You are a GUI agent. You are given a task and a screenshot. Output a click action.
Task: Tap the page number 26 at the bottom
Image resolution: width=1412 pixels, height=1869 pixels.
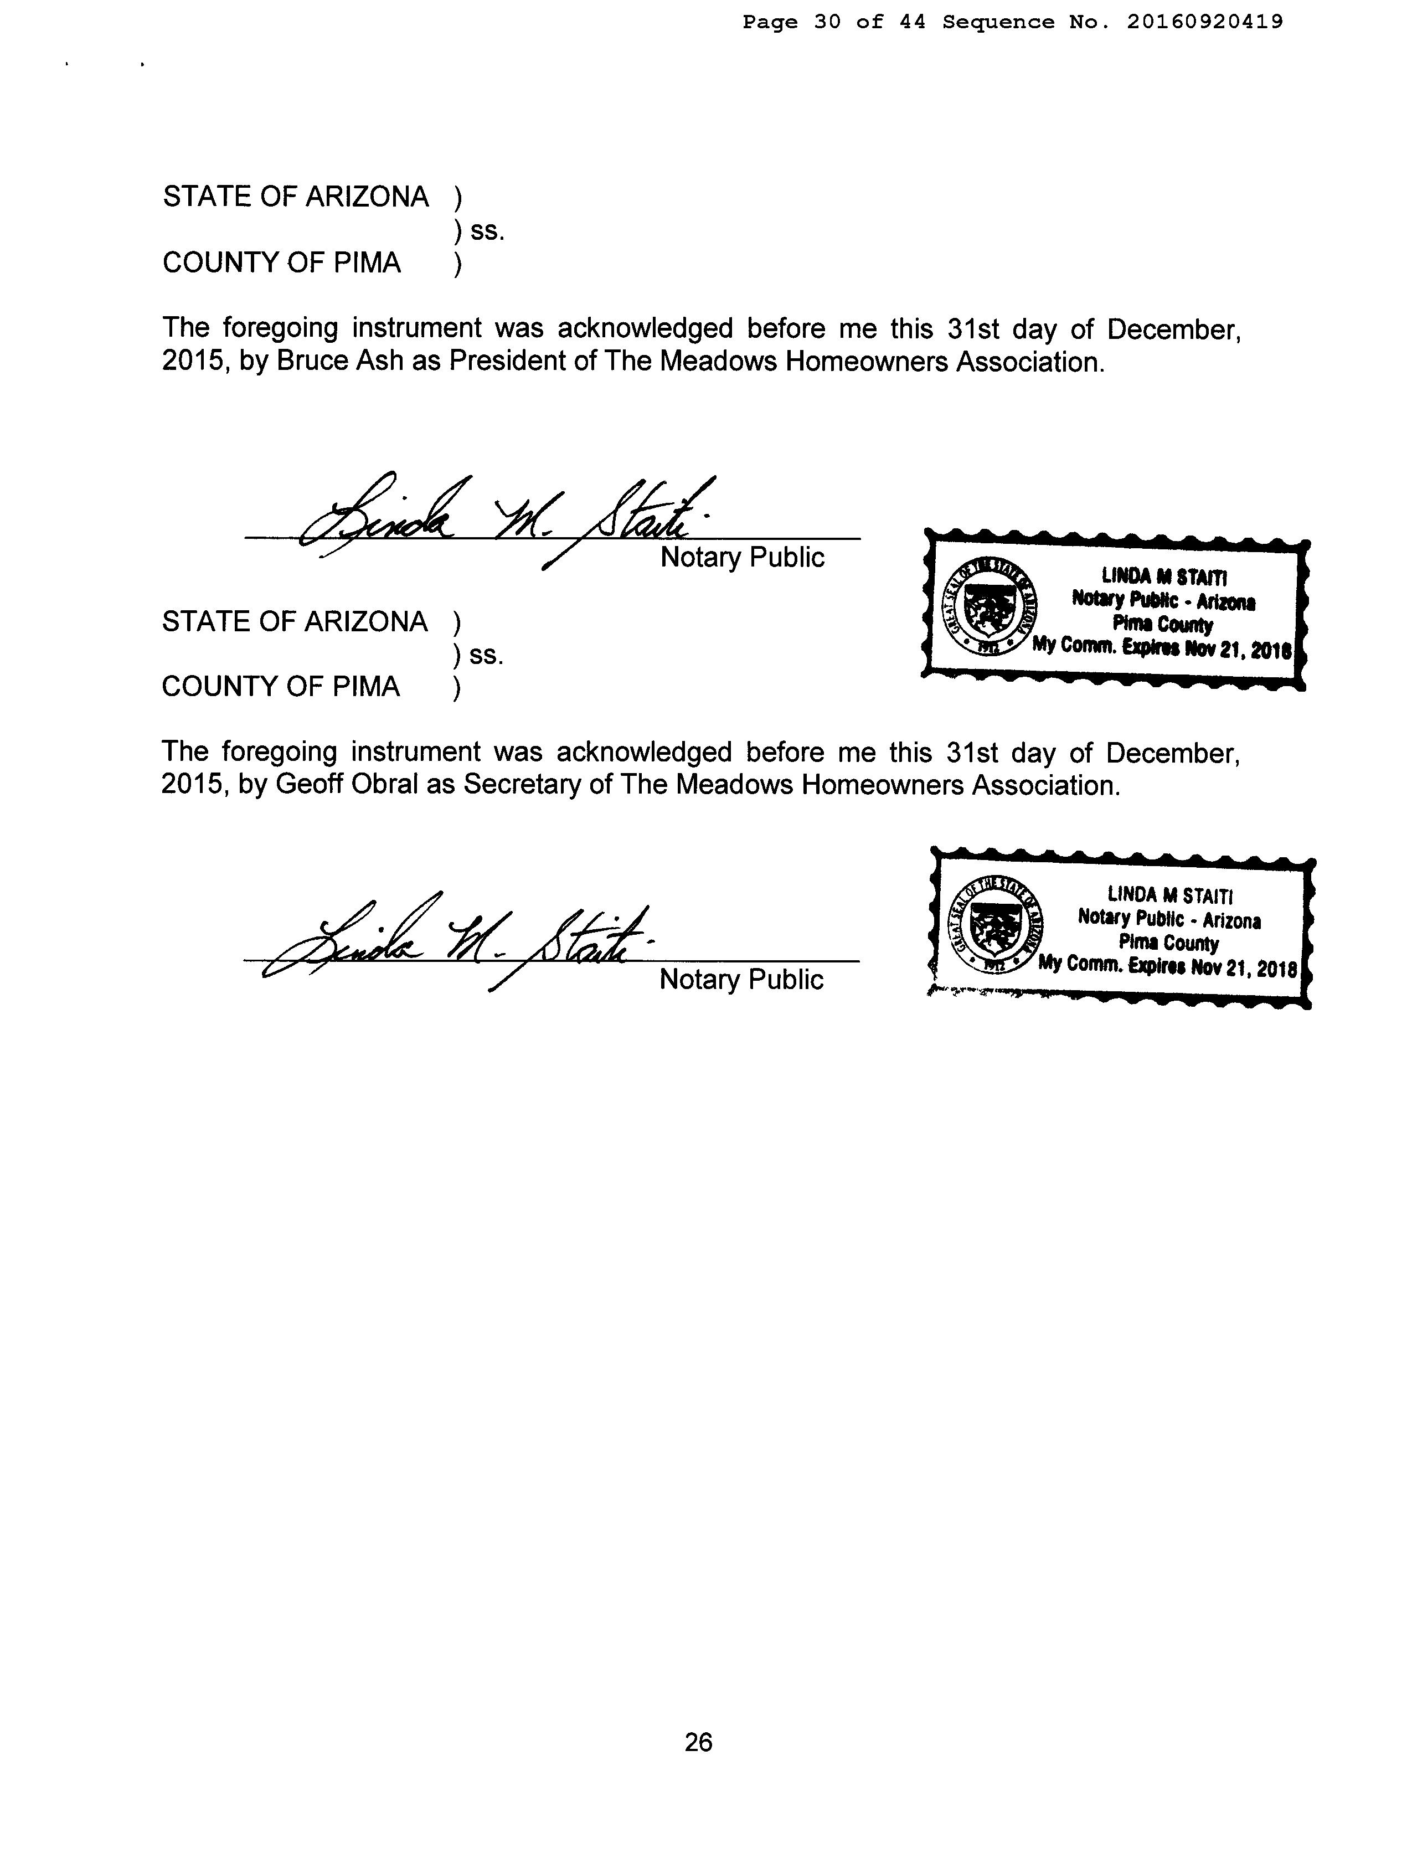click(x=698, y=1742)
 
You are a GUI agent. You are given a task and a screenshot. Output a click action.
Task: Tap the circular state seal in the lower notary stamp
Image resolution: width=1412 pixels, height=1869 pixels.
click(x=994, y=925)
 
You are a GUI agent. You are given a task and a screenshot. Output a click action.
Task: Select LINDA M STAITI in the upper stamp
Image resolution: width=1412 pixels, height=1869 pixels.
click(x=1164, y=578)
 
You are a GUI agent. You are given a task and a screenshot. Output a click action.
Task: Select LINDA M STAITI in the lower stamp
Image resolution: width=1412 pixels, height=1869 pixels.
click(x=1171, y=895)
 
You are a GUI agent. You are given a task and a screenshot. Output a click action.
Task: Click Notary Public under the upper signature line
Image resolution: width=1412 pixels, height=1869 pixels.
click(x=742, y=558)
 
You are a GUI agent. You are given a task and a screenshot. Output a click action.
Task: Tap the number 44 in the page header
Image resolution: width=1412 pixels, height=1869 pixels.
click(x=912, y=22)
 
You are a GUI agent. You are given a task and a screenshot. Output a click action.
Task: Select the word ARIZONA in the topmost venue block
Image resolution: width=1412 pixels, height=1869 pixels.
click(x=367, y=197)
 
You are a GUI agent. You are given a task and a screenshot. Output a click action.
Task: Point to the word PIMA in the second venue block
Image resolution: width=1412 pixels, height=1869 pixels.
click(x=367, y=686)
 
